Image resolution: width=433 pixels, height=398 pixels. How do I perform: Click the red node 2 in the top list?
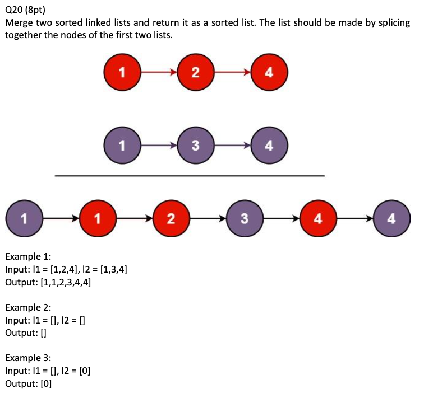(x=195, y=72)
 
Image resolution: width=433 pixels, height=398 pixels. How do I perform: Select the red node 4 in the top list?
(x=269, y=72)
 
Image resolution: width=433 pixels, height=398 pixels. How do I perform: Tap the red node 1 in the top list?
(x=122, y=72)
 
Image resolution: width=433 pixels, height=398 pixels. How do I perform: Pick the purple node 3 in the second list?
(x=195, y=146)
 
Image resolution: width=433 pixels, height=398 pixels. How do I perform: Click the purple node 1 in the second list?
(x=122, y=146)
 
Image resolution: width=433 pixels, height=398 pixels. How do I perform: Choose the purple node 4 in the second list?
(x=269, y=146)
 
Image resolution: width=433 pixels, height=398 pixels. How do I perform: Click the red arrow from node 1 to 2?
(x=158, y=72)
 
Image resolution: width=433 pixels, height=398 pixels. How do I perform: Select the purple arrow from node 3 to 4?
(x=232, y=146)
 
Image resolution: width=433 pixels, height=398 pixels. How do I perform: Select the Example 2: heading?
(x=27, y=307)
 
